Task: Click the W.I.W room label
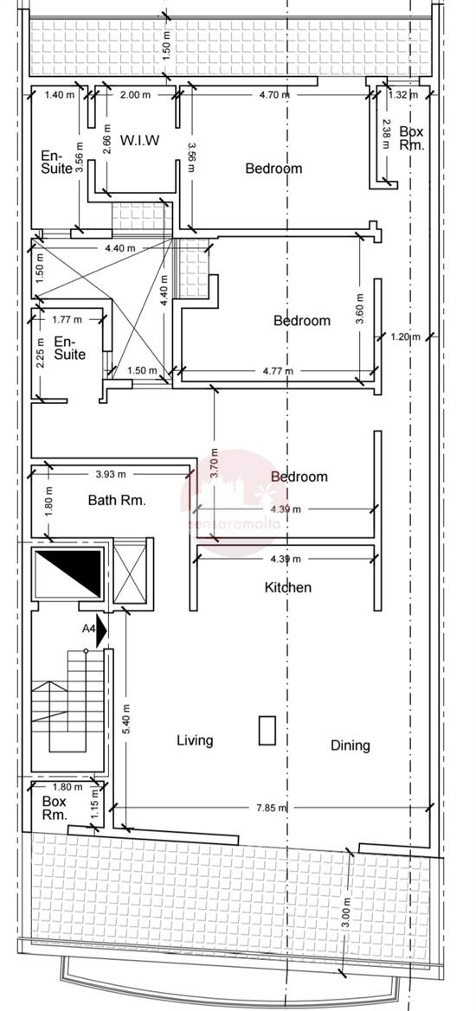(139, 140)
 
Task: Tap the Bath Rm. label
(117, 500)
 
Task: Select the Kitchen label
(287, 587)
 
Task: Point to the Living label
(195, 740)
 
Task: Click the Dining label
(350, 745)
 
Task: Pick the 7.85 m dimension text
(272, 807)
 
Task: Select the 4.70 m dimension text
(274, 95)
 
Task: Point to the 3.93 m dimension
(110, 474)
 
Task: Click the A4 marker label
(88, 630)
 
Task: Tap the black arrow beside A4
(101, 630)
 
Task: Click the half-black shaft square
(68, 573)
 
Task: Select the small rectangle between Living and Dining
(267, 731)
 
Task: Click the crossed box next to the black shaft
(132, 573)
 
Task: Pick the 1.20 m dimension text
(404, 336)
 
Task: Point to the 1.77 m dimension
(67, 319)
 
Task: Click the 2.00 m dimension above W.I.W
(136, 95)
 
